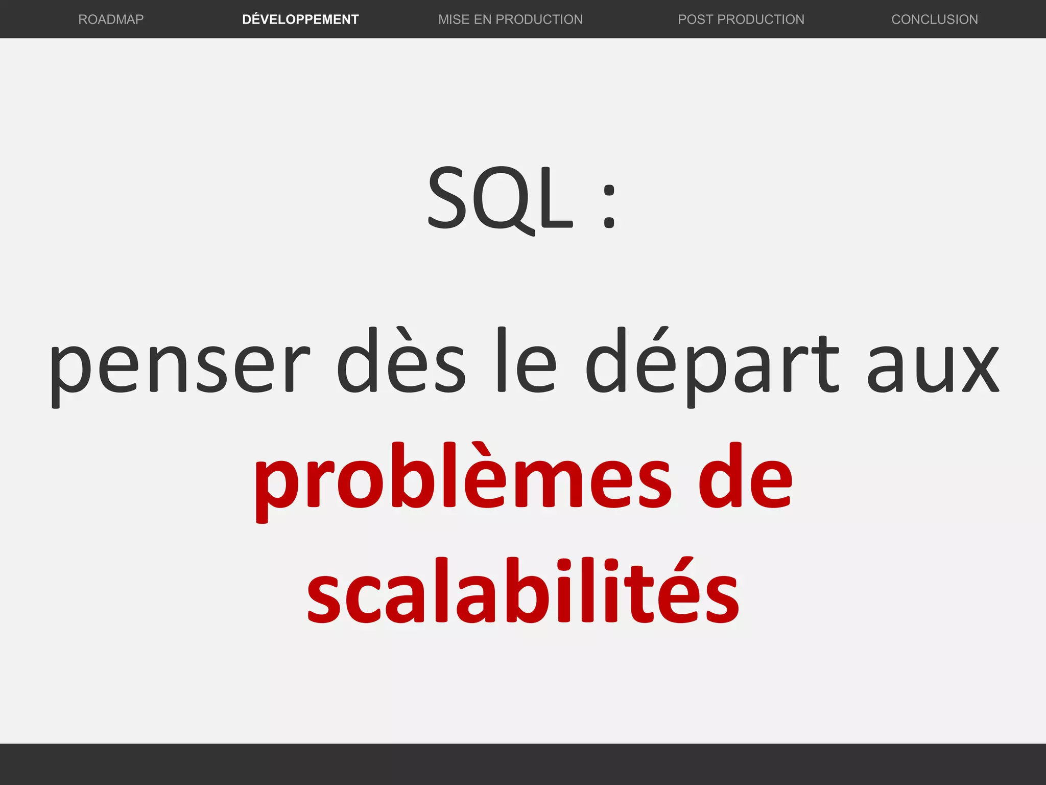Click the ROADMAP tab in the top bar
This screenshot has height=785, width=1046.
pyautogui.click(x=111, y=19)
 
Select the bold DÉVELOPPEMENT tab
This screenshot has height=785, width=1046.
pyautogui.click(x=300, y=19)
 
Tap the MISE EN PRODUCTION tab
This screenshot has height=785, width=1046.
pyautogui.click(x=510, y=19)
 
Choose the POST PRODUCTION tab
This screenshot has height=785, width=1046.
pyautogui.click(x=741, y=19)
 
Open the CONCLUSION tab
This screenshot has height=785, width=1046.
pyautogui.click(x=935, y=19)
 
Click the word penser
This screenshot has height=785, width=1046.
pyautogui.click(x=179, y=365)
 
